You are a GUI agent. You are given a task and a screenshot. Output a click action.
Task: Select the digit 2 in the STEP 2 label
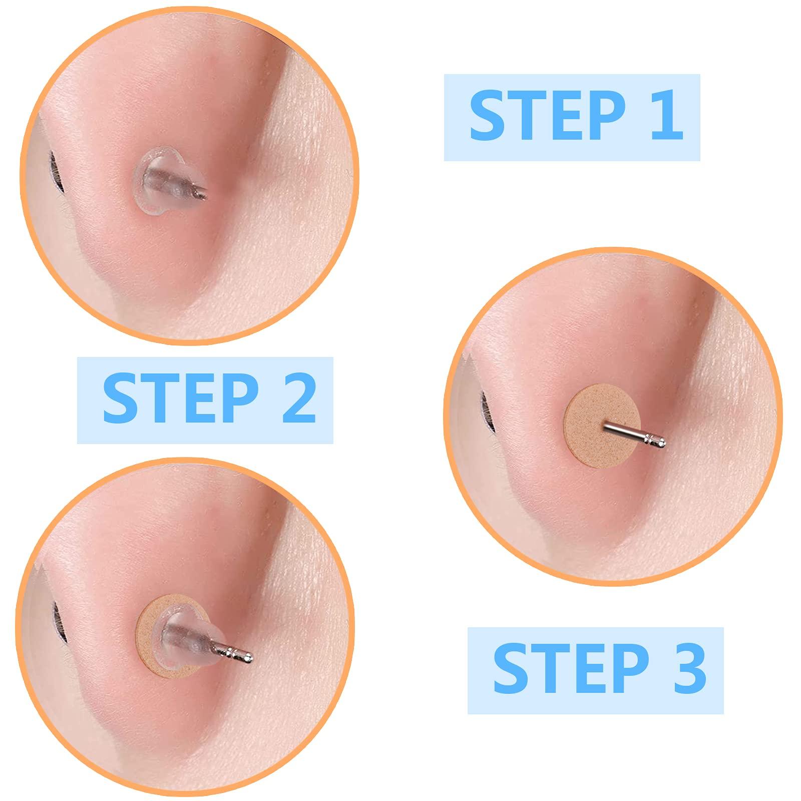[x=297, y=400]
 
